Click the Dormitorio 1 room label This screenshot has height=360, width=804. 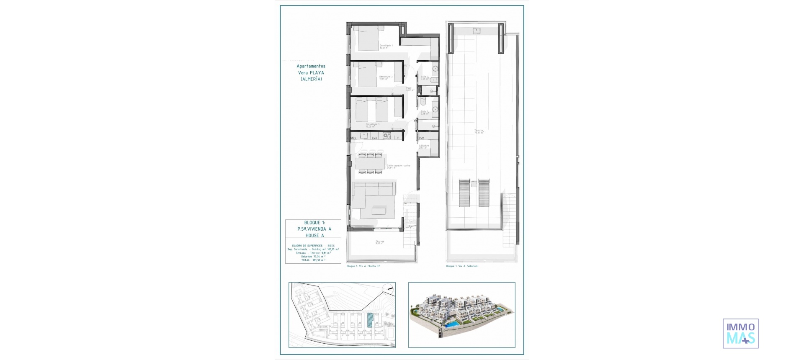pyautogui.click(x=386, y=46)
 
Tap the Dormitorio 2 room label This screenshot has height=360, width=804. pyautogui.click(x=386, y=77)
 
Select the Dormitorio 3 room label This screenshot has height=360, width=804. pyautogui.click(x=372, y=124)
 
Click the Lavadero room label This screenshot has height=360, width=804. pyautogui.click(x=424, y=146)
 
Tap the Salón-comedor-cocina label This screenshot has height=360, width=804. pyautogui.click(x=398, y=166)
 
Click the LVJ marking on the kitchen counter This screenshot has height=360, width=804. pyautogui.click(x=374, y=138)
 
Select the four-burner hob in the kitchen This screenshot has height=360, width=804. pyautogui.click(x=387, y=136)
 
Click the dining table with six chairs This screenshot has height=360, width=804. pyautogui.click(x=370, y=163)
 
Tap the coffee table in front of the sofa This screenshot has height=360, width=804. pyautogui.click(x=379, y=210)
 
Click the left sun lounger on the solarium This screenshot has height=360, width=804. pyautogui.click(x=464, y=193)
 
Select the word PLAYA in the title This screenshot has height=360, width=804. pyautogui.click(x=317, y=73)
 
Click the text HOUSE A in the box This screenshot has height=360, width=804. pyautogui.click(x=314, y=236)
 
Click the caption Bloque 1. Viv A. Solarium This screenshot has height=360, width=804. pyautogui.click(x=461, y=266)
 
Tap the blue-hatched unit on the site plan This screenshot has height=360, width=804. pyautogui.click(x=370, y=321)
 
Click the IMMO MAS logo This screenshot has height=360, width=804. pyautogui.click(x=740, y=334)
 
